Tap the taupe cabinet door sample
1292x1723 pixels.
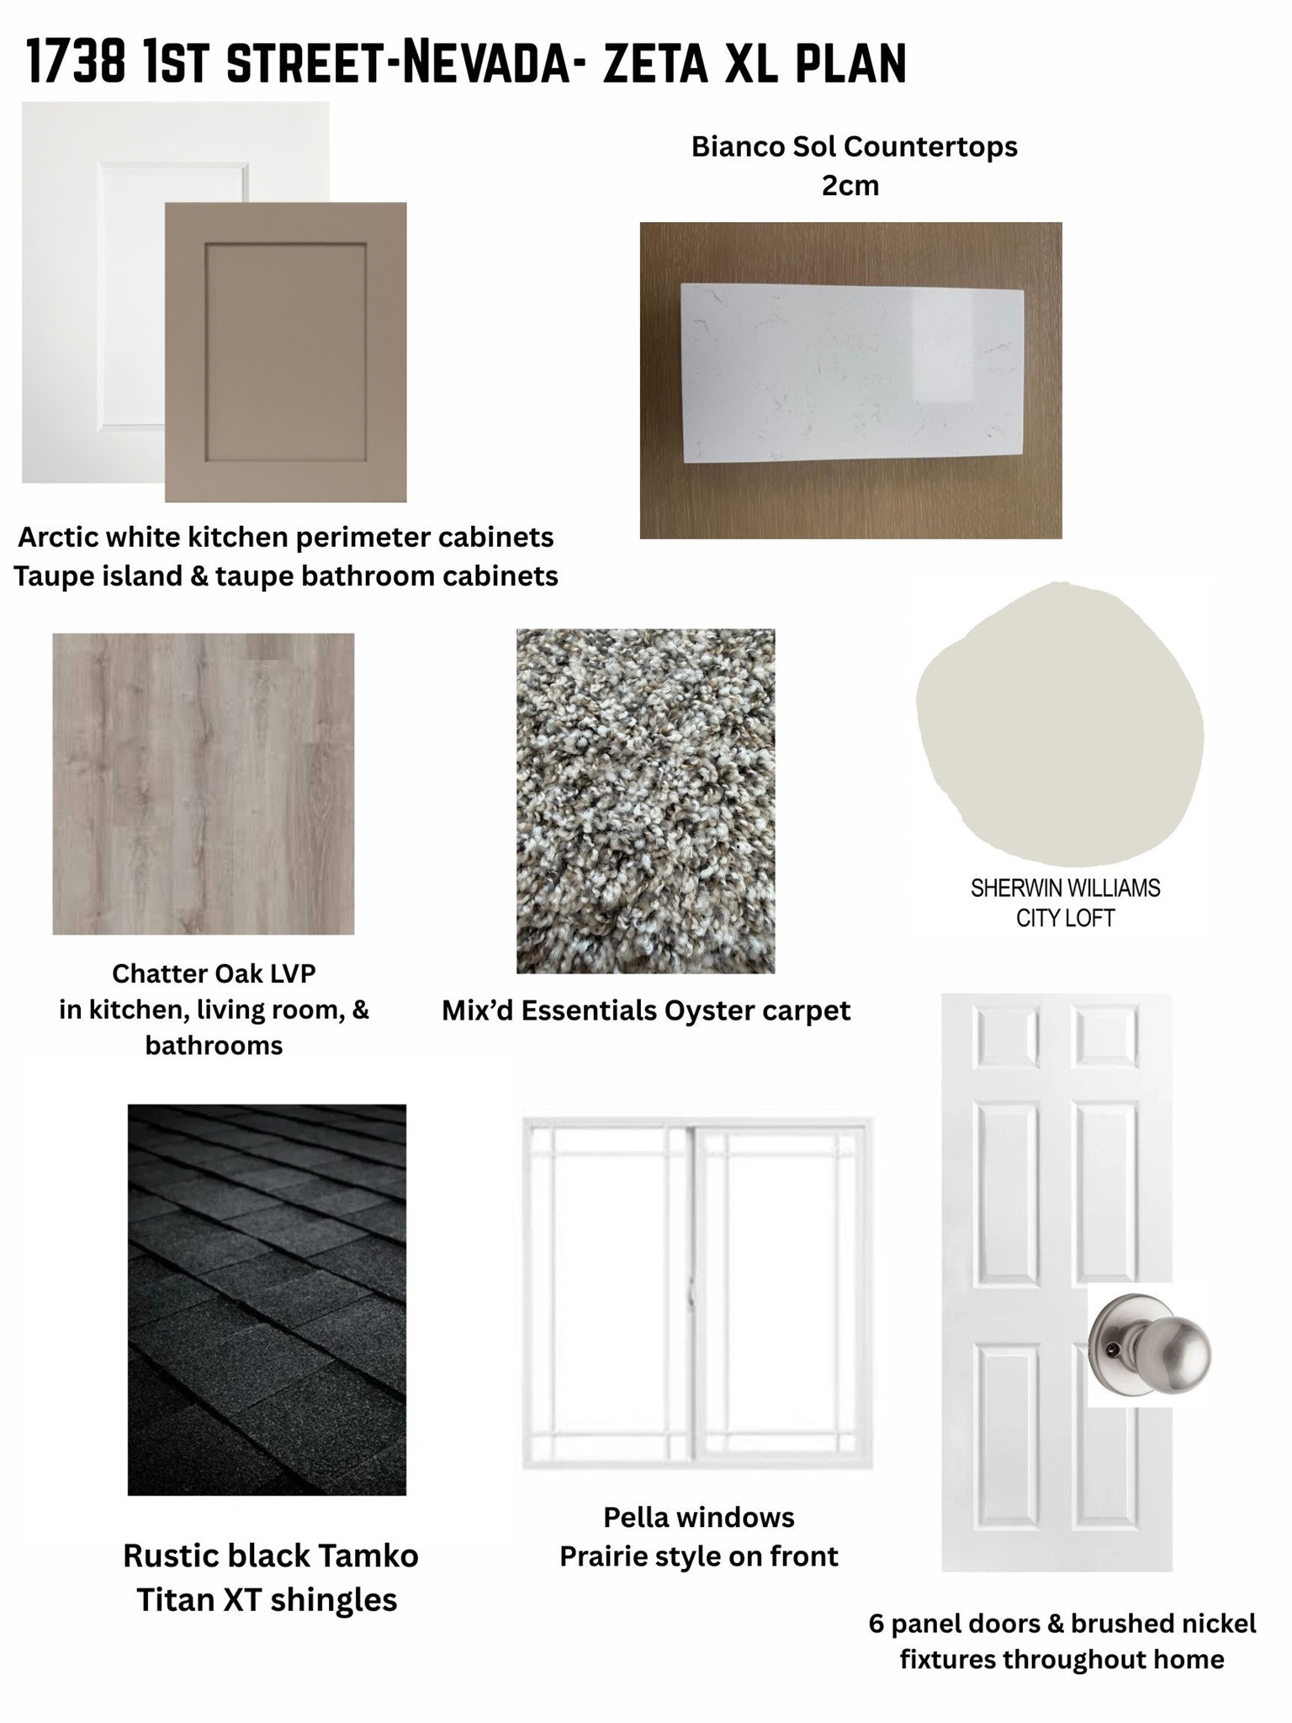coord(286,352)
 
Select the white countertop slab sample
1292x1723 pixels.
coord(852,373)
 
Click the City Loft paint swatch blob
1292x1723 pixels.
coord(1060,724)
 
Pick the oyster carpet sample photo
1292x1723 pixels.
coord(646,801)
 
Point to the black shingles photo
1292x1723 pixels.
coord(267,1300)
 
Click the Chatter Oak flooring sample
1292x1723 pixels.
coord(204,783)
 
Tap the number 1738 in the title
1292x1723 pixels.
coord(76,64)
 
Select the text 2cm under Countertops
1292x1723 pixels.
coord(850,185)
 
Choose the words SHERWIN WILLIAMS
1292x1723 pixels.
coord(1065,888)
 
